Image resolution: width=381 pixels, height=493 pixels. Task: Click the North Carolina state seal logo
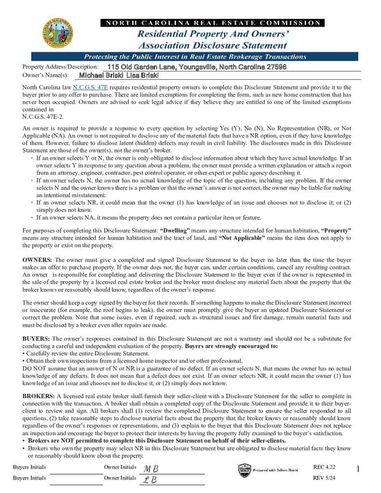point(58,33)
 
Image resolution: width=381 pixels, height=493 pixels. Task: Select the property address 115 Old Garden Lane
point(197,67)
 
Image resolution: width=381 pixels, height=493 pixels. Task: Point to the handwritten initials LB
point(150,480)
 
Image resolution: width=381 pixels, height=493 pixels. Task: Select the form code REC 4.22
point(324,467)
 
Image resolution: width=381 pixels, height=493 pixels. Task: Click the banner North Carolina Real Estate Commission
point(212,23)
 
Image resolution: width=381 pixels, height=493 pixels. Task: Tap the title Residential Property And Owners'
point(212,34)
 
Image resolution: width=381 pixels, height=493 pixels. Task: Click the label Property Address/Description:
point(60,67)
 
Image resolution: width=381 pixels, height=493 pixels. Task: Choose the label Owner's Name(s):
point(46,76)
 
